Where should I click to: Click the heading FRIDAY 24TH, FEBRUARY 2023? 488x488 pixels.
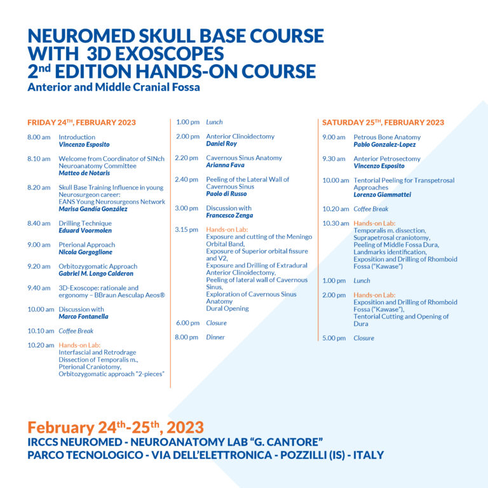click(81, 123)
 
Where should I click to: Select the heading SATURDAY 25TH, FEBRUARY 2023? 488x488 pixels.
click(383, 123)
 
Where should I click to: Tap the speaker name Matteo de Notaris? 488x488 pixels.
click(84, 173)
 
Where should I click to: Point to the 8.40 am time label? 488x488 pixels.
click(37, 224)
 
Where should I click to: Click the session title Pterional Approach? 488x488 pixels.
click(86, 245)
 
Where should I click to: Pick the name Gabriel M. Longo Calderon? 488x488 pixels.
click(96, 274)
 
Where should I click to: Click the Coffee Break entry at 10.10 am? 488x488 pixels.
click(76, 331)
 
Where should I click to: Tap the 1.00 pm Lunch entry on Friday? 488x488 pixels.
click(214, 122)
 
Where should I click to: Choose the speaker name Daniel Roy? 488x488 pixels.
click(221, 144)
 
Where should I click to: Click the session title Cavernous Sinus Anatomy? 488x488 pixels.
click(244, 158)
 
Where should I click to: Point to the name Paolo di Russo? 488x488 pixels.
click(226, 194)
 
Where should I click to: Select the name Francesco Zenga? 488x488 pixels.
click(229, 215)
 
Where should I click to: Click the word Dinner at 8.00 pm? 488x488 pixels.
click(215, 337)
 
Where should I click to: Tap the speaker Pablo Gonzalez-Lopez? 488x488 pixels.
click(384, 145)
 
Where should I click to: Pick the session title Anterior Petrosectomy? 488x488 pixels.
click(386, 159)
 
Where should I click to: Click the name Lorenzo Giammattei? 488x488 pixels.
click(382, 195)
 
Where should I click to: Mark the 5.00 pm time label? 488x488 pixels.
click(333, 338)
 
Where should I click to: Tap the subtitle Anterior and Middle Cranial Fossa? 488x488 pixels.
click(114, 87)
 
